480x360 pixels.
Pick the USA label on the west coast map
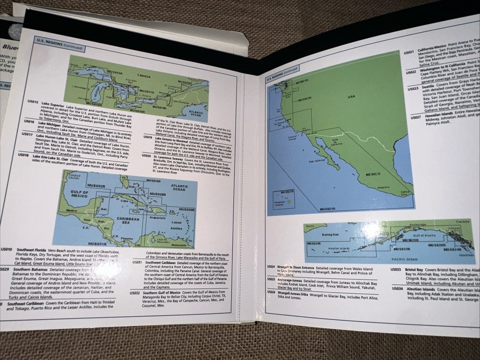(352, 96)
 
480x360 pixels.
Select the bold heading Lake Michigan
(49, 123)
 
